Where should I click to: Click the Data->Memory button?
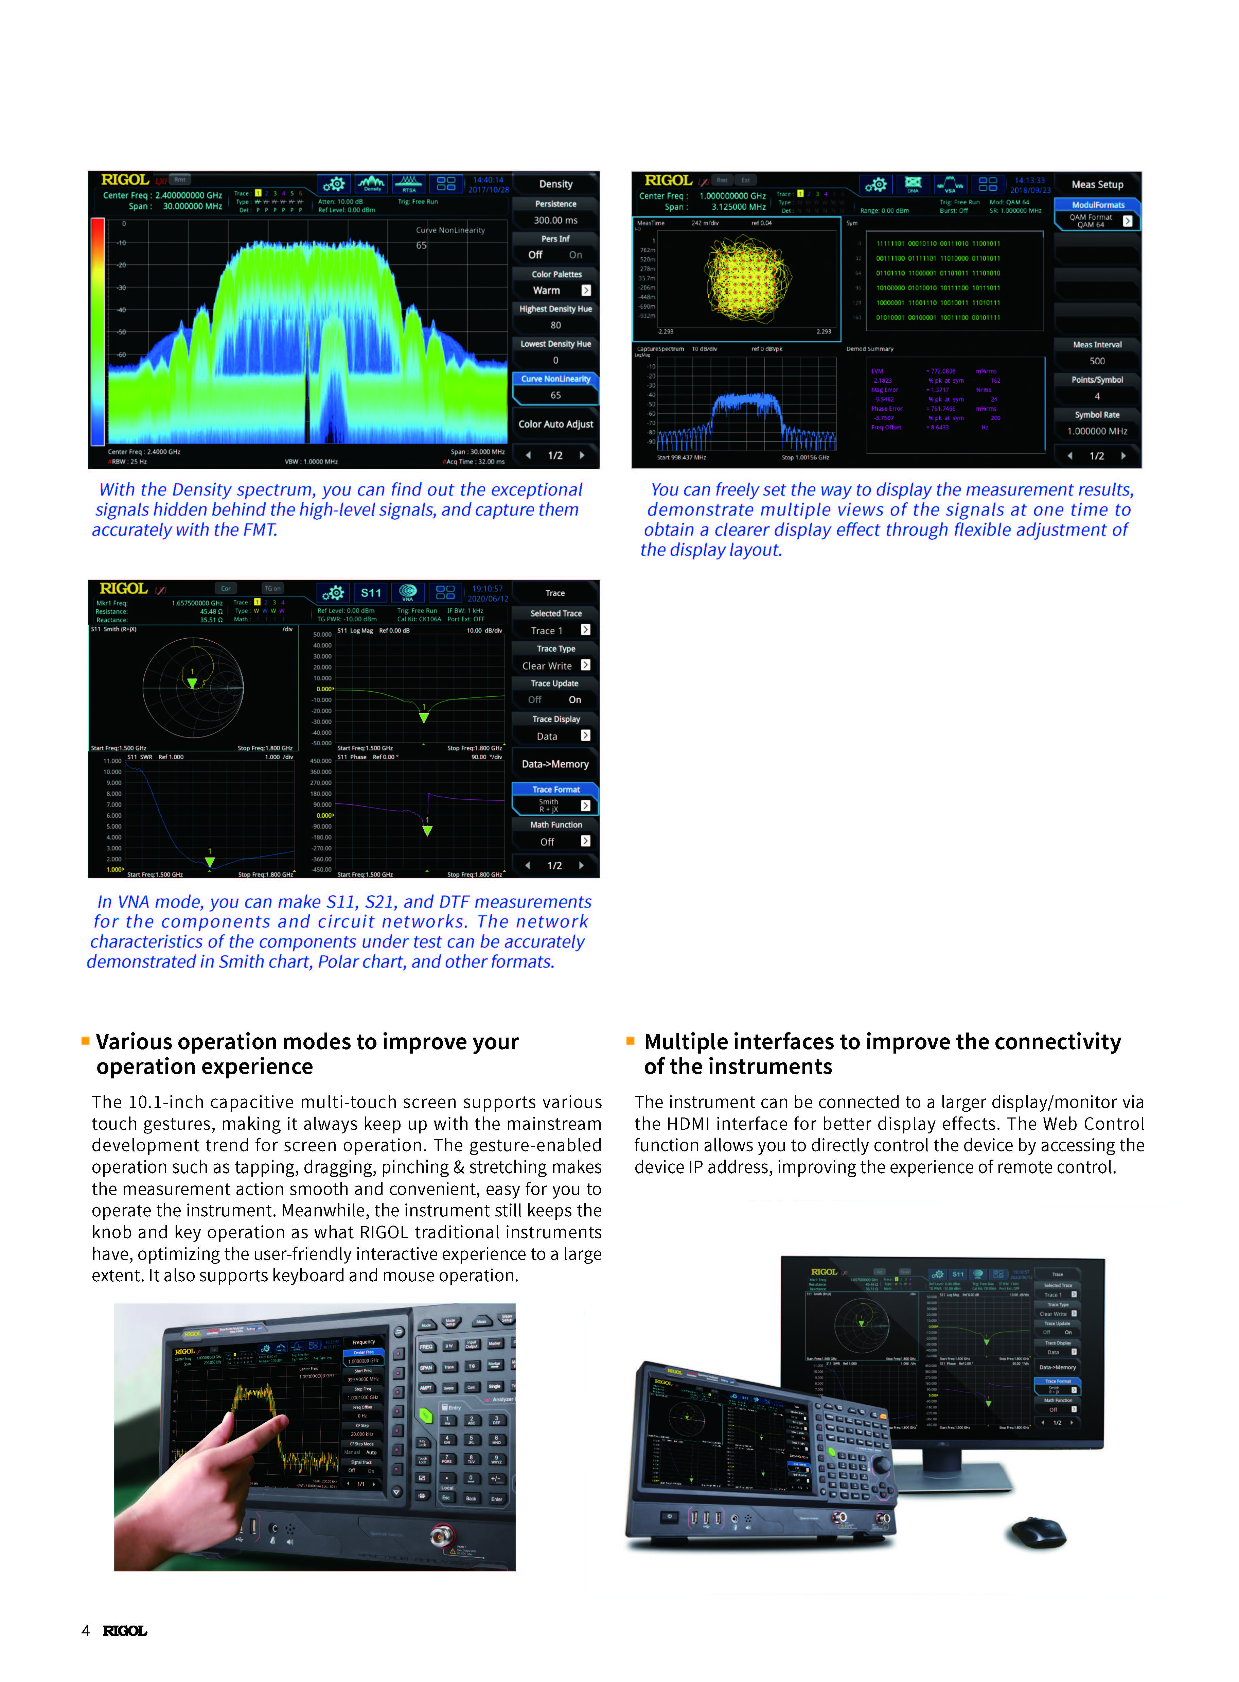(x=555, y=764)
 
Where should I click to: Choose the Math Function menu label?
(x=556, y=825)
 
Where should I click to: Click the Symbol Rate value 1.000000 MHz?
(x=1097, y=431)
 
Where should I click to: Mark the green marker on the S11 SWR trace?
(x=210, y=862)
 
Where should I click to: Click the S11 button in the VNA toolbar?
(x=371, y=593)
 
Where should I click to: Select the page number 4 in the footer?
(x=86, y=1630)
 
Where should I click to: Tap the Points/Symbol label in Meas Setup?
(x=1097, y=380)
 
